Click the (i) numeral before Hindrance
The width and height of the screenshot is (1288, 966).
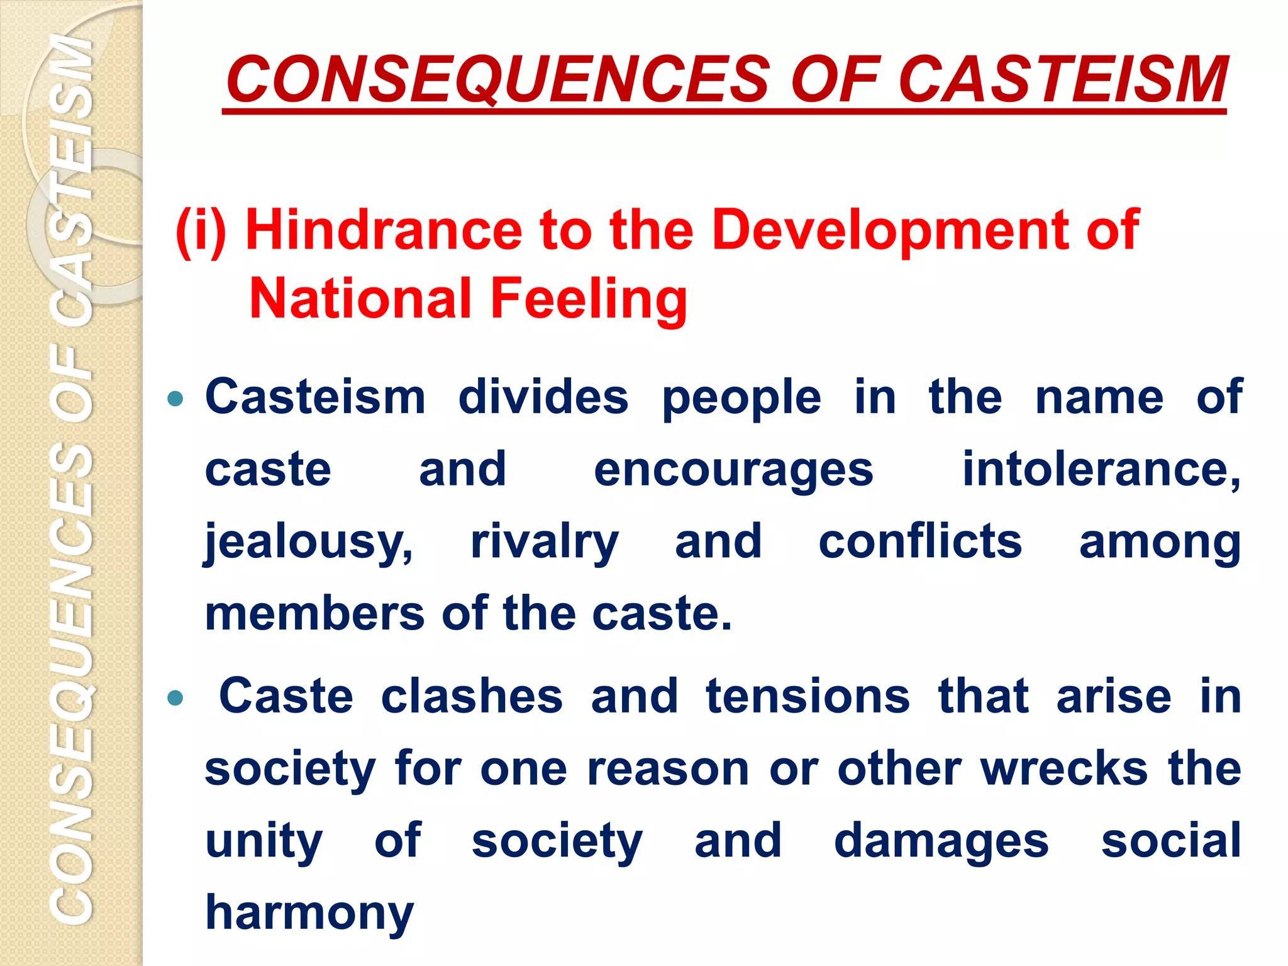click(200, 230)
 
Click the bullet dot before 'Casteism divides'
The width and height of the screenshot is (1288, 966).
click(175, 399)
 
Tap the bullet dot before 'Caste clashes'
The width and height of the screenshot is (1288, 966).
click(175, 697)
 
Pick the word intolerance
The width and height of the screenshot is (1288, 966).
click(1101, 470)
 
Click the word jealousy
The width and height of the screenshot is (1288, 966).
click(309, 542)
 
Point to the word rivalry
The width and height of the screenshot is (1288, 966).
click(545, 542)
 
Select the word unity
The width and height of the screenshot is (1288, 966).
click(264, 841)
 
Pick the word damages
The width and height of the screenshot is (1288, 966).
click(941, 841)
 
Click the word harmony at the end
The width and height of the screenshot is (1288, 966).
click(309, 913)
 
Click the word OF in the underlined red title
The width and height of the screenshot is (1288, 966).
click(833, 80)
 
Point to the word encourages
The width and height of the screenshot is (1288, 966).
click(733, 470)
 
